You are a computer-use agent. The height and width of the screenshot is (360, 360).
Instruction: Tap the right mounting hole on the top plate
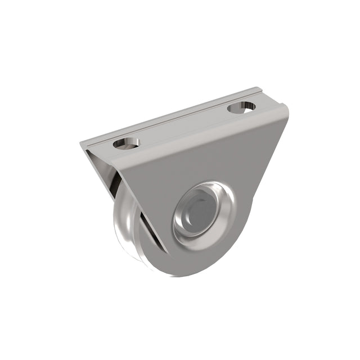coord(241,106)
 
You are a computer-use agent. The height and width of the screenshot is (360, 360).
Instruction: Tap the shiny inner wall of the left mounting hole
coord(129,141)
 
